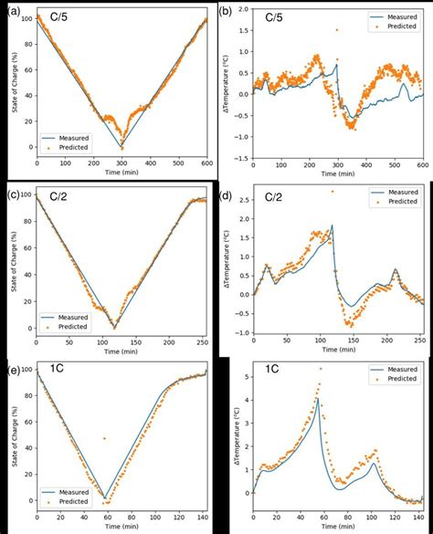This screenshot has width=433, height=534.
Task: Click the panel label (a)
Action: point(11,8)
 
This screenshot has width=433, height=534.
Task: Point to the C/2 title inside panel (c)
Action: point(56,194)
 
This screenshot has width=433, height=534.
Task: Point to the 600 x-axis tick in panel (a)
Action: point(207,162)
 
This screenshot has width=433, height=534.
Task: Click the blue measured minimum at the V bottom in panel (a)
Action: point(121,148)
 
